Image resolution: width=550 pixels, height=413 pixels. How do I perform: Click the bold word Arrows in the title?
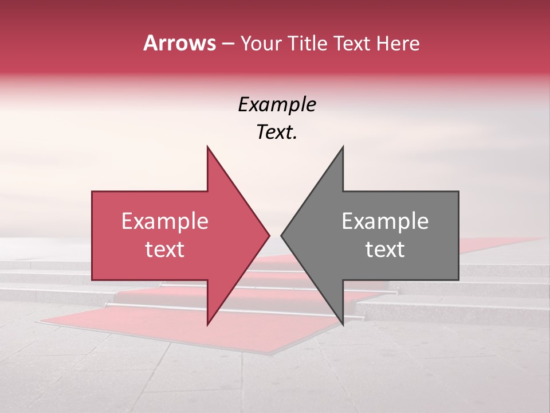pyautogui.click(x=179, y=43)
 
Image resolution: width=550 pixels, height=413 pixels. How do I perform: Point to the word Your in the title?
pyautogui.click(x=261, y=43)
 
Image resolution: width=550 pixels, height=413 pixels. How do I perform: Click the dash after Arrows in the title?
pyautogui.click(x=227, y=44)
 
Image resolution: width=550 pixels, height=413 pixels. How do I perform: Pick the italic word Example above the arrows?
pyautogui.click(x=277, y=105)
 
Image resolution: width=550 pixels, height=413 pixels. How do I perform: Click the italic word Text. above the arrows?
pyautogui.click(x=277, y=133)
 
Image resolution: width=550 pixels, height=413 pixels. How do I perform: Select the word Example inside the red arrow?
pyautogui.click(x=165, y=221)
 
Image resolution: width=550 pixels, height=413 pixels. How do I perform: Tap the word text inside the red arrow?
pyautogui.click(x=165, y=250)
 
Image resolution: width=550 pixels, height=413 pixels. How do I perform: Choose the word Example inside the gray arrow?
pyautogui.click(x=385, y=221)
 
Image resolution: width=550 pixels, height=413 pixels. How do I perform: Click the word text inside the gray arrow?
pyautogui.click(x=385, y=250)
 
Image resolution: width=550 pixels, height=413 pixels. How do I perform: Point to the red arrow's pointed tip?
pyautogui.click(x=269, y=235)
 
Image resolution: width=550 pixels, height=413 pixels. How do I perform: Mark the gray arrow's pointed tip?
pyautogui.click(x=282, y=235)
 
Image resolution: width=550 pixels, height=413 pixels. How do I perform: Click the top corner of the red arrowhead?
pyautogui.click(x=207, y=147)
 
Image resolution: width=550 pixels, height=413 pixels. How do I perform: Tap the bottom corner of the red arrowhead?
pyautogui.click(x=207, y=325)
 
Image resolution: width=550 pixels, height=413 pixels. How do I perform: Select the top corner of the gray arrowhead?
pyautogui.click(x=343, y=147)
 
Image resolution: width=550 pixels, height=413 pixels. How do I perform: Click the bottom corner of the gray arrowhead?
pyautogui.click(x=343, y=325)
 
